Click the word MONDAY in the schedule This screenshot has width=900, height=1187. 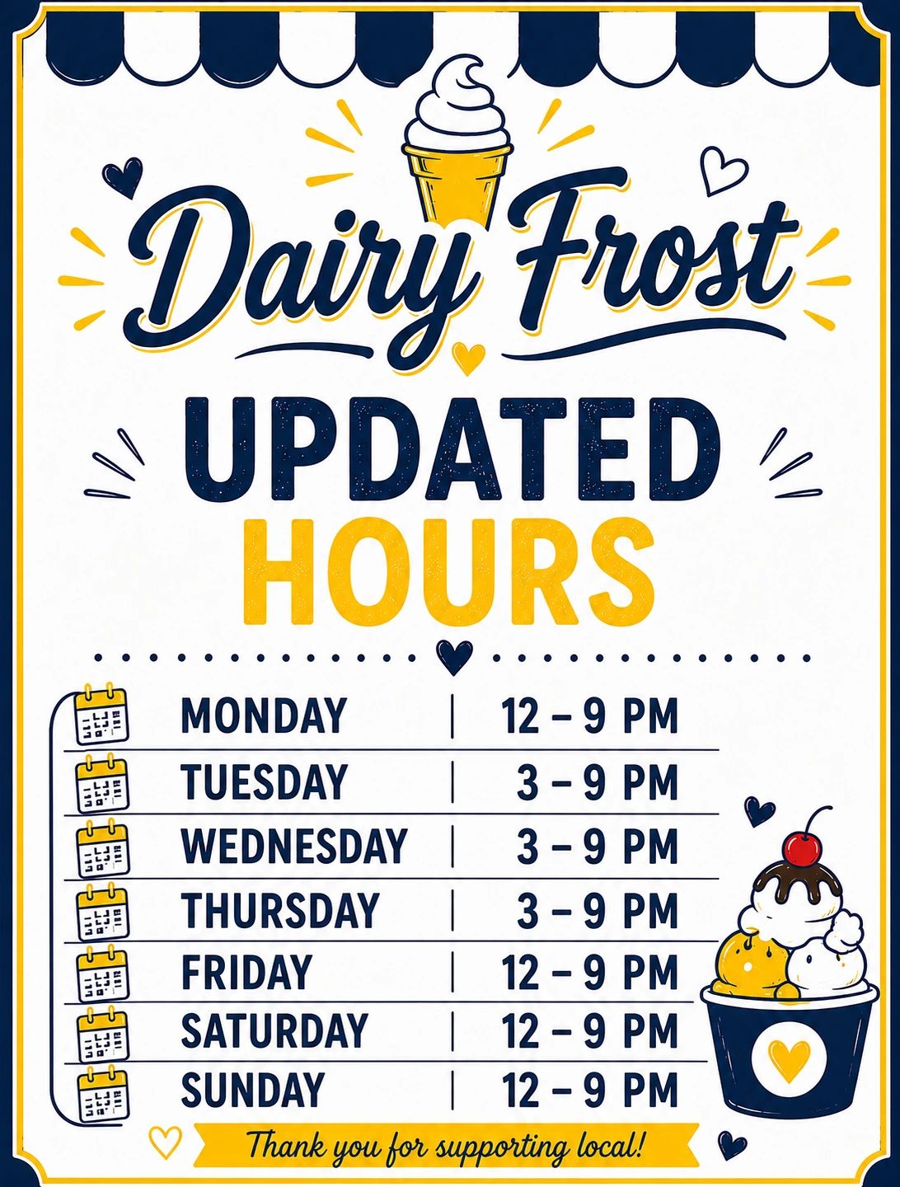tap(263, 715)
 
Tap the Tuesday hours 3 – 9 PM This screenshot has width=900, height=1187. tap(598, 782)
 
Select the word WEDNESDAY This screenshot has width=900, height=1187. tap(293, 846)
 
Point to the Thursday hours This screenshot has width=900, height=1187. tap(598, 911)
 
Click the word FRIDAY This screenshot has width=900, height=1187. tap(246, 973)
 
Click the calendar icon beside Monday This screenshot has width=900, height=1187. tap(101, 714)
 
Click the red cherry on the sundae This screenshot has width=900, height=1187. tap(802, 850)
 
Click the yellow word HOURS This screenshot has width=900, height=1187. tap(449, 571)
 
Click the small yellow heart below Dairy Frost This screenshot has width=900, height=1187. tap(468, 358)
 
